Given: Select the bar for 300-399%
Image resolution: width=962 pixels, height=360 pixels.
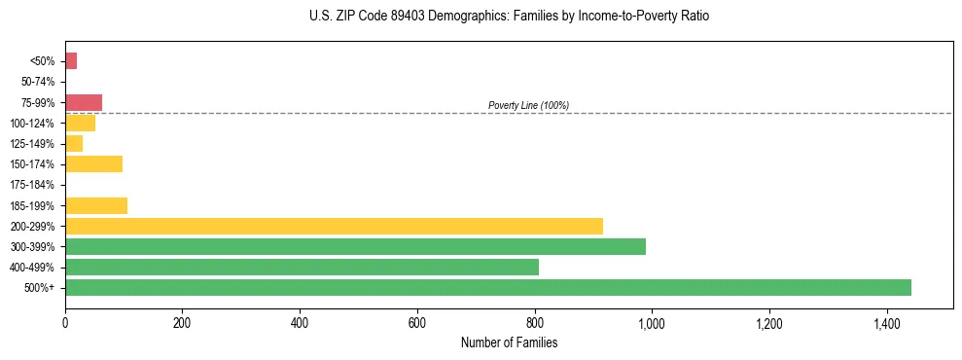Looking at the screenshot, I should point(355,246).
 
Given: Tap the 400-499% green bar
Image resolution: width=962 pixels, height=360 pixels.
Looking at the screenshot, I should point(302,267).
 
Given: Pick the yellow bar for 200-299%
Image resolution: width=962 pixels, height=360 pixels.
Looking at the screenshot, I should point(334,226).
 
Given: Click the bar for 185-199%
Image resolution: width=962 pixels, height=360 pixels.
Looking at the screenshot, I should point(96,205).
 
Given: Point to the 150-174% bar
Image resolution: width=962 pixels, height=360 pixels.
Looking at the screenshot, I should point(93,163).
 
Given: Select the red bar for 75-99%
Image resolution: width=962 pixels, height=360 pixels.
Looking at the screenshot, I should point(84,102).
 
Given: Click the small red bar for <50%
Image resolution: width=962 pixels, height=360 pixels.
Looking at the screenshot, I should point(71,61).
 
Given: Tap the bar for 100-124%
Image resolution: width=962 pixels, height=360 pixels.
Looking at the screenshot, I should point(80,123).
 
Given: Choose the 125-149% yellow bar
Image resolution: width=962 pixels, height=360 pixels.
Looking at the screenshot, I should point(74,143).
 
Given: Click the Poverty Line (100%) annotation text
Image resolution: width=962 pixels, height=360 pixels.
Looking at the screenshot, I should point(528,105).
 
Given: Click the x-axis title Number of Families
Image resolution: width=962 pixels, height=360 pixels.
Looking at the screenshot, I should point(509,342).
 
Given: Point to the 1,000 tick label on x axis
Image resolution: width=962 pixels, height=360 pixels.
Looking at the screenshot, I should point(651,323).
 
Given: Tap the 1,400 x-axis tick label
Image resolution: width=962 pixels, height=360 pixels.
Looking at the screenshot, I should point(886,323).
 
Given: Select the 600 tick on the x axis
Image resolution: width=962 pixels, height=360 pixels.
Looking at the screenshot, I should point(417,323).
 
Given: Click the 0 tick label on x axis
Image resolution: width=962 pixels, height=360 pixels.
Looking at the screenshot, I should point(65,323).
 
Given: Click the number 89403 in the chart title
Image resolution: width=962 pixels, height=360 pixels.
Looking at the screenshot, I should point(397,17).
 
